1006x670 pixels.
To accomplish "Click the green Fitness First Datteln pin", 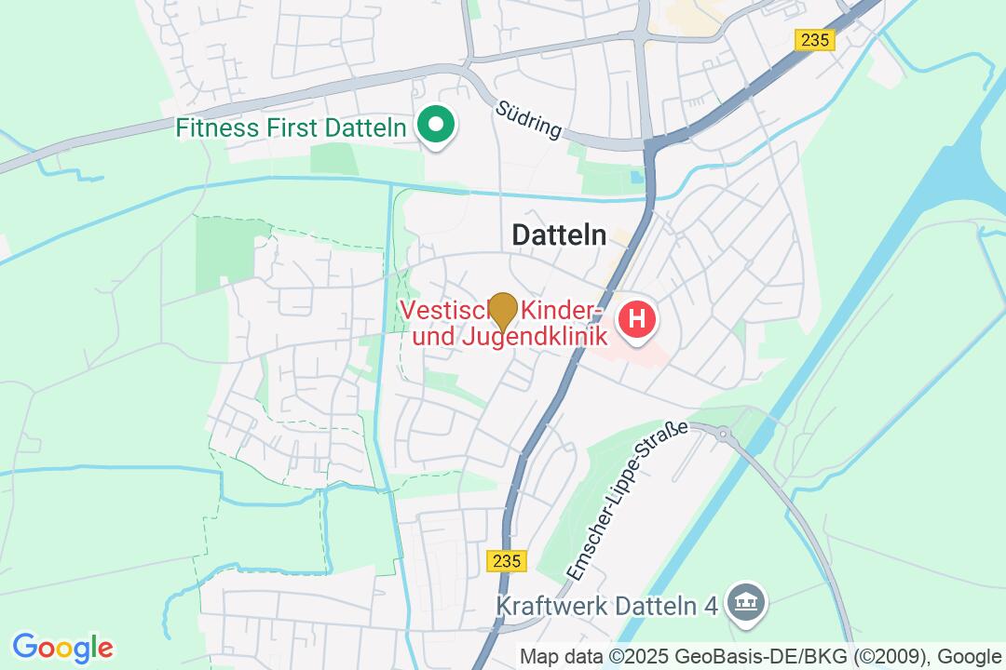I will click(434, 126).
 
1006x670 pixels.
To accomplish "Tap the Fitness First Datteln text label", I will click(292, 127).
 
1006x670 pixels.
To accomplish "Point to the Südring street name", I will click(529, 120).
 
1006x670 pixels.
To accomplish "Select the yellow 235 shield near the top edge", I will click(815, 39).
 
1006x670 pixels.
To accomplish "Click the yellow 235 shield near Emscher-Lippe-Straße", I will click(507, 560).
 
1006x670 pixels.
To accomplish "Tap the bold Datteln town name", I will click(559, 236).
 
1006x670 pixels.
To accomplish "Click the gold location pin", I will click(503, 310).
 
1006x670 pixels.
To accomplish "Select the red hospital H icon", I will click(637, 319).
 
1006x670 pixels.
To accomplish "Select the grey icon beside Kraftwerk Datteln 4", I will click(746, 604).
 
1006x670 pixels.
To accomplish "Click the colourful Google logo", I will click(62, 647).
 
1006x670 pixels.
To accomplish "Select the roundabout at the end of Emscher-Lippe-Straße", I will click(723, 432).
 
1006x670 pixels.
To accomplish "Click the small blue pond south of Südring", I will click(636, 176).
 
